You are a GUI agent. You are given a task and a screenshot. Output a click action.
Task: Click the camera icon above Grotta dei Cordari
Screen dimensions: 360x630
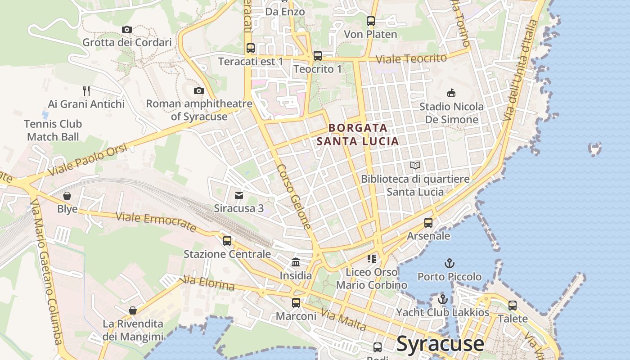click(127, 30)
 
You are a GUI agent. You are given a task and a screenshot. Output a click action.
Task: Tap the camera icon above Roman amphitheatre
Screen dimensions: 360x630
click(198, 91)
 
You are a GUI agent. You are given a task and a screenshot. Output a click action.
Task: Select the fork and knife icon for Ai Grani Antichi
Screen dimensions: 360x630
click(86, 91)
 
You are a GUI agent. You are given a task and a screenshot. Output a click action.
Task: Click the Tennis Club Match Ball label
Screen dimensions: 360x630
click(53, 130)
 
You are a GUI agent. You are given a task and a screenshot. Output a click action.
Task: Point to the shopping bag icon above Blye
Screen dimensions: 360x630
click(67, 196)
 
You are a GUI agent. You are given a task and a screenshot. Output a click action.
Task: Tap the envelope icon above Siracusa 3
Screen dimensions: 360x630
click(239, 195)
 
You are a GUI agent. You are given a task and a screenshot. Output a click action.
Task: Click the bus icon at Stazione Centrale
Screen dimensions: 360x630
click(227, 241)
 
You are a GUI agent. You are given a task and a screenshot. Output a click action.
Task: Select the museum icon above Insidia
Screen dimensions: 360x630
click(296, 262)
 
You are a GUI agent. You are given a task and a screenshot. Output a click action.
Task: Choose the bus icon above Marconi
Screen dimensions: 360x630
click(296, 303)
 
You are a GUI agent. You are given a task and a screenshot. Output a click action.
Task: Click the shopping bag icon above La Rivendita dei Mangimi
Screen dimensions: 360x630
click(133, 310)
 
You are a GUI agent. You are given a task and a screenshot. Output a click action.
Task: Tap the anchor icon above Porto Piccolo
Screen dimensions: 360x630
click(449, 263)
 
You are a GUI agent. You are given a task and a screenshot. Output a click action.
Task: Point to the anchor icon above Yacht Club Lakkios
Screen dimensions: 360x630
click(443, 299)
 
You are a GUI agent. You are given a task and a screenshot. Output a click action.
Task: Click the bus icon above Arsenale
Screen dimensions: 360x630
click(428, 223)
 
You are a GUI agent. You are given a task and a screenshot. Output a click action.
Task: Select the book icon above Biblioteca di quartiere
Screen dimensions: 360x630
click(415, 166)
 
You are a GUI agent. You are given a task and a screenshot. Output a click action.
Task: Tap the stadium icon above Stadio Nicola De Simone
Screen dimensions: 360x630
click(451, 93)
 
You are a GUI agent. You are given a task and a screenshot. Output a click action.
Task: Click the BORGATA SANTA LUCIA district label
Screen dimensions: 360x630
click(358, 135)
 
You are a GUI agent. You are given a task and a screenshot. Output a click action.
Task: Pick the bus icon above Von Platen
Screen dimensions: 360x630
click(370, 21)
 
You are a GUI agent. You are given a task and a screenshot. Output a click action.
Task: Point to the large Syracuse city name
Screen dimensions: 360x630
click(440, 344)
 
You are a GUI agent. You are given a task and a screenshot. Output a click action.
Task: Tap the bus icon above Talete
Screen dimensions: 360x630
click(513, 306)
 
